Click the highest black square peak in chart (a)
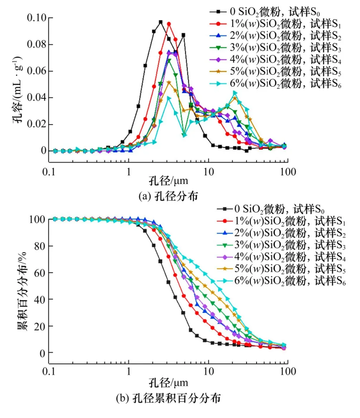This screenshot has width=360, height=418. (x=160, y=22)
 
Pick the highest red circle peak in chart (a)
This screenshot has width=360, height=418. (x=169, y=24)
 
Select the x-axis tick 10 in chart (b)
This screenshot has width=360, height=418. (x=208, y=371)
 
